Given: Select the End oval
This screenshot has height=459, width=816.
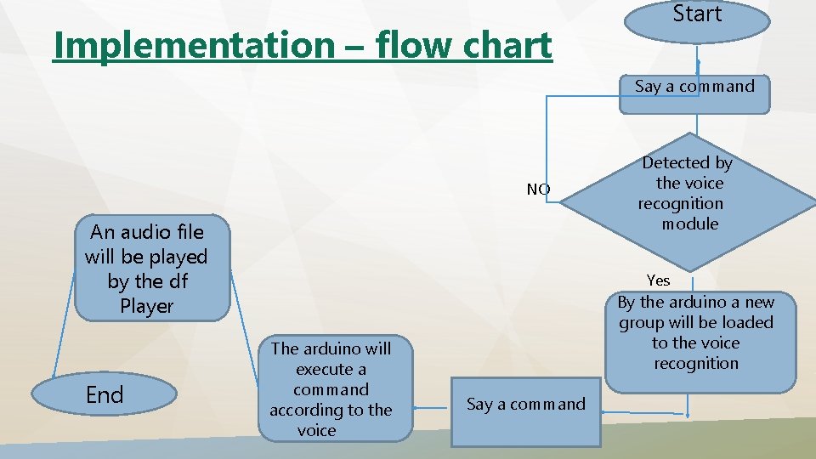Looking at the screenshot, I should pyautogui.click(x=105, y=395).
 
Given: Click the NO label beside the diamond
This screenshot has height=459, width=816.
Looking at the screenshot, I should pyautogui.click(x=538, y=190).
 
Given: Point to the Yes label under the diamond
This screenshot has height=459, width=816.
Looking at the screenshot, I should pyautogui.click(x=658, y=280).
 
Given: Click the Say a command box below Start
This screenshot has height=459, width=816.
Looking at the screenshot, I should pyautogui.click(x=694, y=92).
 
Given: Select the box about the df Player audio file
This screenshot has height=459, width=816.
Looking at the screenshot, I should pyautogui.click(x=146, y=269).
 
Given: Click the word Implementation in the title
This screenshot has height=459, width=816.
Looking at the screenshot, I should pyautogui.click(x=193, y=45).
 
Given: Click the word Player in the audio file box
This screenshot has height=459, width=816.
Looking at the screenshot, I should pyautogui.click(x=146, y=306).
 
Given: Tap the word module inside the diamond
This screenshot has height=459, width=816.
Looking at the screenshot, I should pyautogui.click(x=689, y=224).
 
